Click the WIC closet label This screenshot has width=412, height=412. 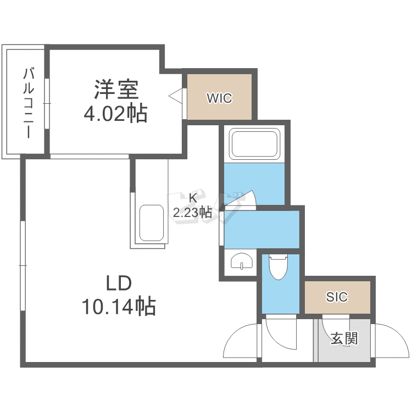point(219,99)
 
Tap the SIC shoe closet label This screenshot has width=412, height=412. point(337,297)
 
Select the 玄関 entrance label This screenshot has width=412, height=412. point(344,338)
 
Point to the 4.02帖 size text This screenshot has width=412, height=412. point(115,114)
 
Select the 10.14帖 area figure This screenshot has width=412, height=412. point(118,305)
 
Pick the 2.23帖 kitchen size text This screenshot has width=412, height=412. point(192,212)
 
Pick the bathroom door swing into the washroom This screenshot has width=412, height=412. point(242,201)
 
